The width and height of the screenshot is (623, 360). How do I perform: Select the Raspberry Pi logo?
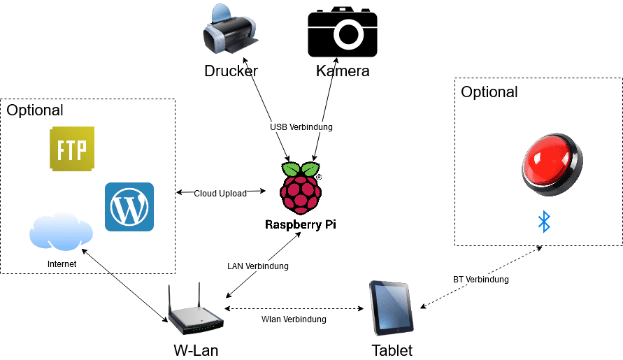[x=301, y=187]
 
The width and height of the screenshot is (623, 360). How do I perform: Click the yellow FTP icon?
[x=72, y=149]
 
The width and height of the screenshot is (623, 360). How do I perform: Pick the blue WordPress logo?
[x=129, y=207]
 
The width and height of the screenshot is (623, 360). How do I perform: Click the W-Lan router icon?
[x=194, y=310]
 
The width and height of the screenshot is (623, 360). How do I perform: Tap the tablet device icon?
[x=392, y=308]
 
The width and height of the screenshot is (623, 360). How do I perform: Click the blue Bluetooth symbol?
[x=543, y=222]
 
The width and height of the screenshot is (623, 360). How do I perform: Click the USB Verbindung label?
[x=301, y=127]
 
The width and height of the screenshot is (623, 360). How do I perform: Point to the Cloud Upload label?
[x=220, y=193]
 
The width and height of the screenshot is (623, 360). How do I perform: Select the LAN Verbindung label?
[x=258, y=266]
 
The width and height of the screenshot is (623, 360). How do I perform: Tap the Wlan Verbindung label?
[x=294, y=319]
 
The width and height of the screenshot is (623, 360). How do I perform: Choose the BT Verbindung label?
[x=481, y=280]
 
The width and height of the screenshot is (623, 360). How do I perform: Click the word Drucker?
[x=231, y=71]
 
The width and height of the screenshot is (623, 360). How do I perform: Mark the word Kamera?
[x=343, y=71]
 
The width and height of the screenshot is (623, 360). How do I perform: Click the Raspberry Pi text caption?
[x=301, y=225]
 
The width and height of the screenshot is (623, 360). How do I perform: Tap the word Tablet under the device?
[x=392, y=350]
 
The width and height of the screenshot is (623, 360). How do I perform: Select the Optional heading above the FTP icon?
[x=35, y=110]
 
